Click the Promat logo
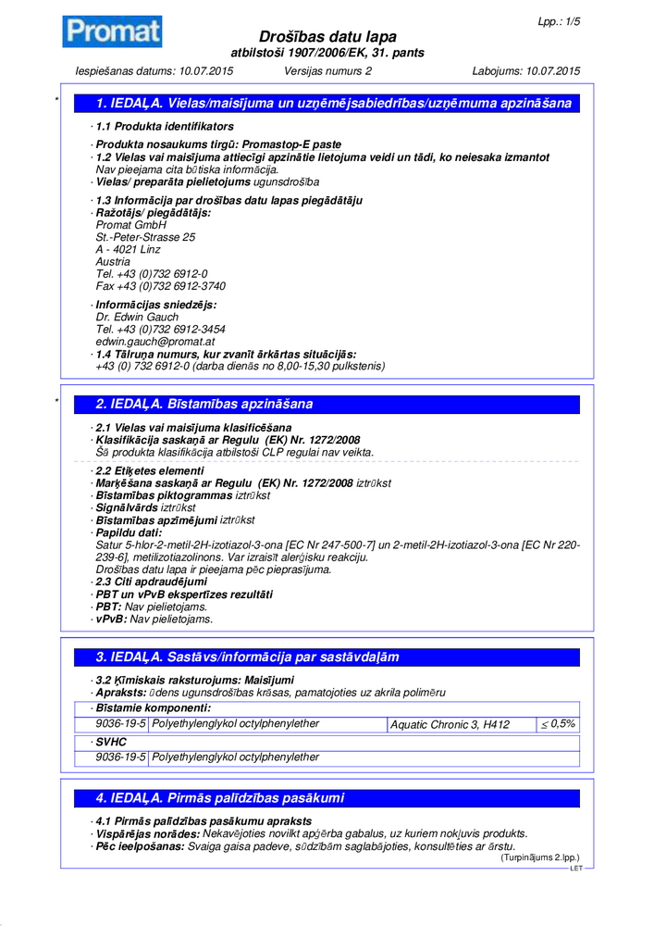point(112,32)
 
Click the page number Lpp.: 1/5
point(559,20)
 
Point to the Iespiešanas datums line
point(154,71)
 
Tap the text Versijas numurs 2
point(327,71)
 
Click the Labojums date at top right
point(525,71)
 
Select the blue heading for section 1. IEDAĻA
point(333,104)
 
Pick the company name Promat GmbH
point(130,225)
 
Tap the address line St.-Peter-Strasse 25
point(145,238)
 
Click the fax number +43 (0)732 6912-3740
point(160,286)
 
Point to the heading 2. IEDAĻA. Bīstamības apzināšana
point(204,404)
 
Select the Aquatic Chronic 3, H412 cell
point(450,724)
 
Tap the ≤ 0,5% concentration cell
point(558,724)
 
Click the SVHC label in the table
point(111,742)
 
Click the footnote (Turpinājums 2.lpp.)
point(539,858)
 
